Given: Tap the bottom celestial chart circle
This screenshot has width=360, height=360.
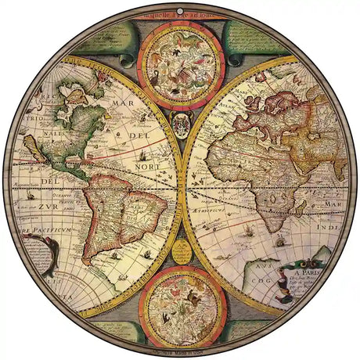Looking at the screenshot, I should pyautogui.click(x=180, y=300).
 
